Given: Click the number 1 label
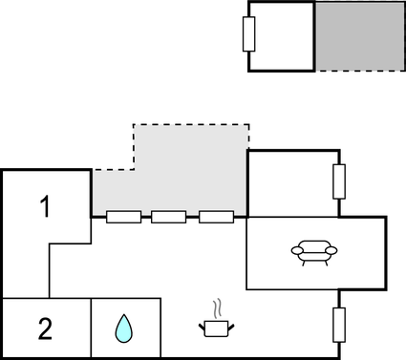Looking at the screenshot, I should [x=45, y=205].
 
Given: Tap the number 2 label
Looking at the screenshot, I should [x=45, y=329].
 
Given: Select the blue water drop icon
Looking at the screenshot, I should [x=124, y=329].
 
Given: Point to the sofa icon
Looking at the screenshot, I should [x=314, y=252].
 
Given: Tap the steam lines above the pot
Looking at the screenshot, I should [x=220, y=309].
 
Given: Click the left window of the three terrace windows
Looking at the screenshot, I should [x=124, y=217].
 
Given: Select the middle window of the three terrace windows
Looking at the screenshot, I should [x=169, y=217].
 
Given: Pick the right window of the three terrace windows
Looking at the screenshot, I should [x=216, y=217].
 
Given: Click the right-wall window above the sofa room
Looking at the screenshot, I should [x=338, y=180].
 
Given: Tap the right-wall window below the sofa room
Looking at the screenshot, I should [x=338, y=325].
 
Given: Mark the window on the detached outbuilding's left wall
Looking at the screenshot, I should [x=249, y=34].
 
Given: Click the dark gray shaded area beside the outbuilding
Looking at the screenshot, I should [x=359, y=36].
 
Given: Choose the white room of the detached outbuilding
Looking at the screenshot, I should [x=283, y=36].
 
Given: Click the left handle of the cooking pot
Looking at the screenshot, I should [x=203, y=327].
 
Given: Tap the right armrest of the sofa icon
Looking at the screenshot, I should [x=332, y=251].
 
